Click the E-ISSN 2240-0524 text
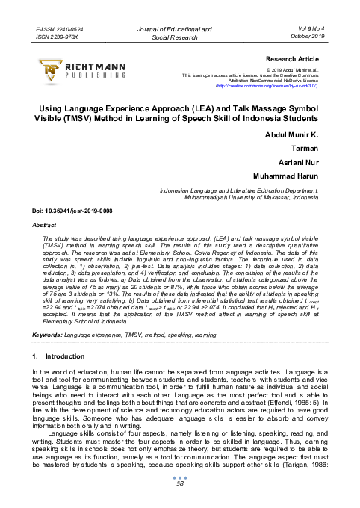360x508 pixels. tap(60, 28)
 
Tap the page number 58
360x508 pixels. tap(179, 483)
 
